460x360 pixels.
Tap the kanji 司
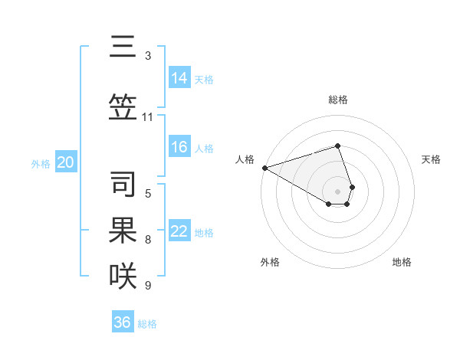point(123,184)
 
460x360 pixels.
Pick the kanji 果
point(123,230)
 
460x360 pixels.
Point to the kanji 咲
point(123,275)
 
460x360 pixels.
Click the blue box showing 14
point(179,78)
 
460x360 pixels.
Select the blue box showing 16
point(179,147)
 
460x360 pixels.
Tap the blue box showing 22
point(179,231)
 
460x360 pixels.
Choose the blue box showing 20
point(66,162)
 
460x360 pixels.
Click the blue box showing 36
point(123,322)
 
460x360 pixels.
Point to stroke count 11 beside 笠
point(147,117)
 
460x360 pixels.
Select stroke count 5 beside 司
point(147,194)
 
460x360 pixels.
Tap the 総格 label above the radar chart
point(337,100)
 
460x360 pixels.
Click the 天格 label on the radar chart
point(431,159)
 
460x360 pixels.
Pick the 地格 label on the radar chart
point(402,262)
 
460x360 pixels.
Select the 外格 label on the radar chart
point(270,262)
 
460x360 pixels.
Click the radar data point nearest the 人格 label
point(264,168)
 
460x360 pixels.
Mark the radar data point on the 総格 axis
point(337,146)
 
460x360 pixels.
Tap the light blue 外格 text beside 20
point(41,163)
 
